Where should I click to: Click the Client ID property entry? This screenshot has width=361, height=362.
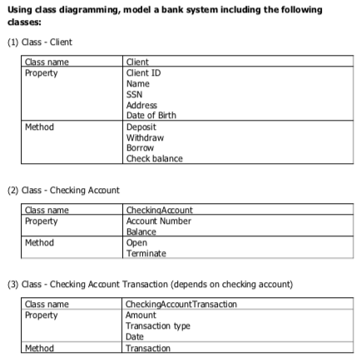point(142,72)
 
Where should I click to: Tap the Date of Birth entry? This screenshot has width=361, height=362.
point(150,116)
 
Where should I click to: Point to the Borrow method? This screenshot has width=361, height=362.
point(139,148)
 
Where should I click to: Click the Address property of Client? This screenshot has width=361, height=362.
point(140,105)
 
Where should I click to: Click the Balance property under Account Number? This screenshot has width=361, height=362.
point(140,232)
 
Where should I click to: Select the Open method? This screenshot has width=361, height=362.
point(135,242)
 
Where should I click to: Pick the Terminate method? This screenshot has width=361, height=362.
point(145,253)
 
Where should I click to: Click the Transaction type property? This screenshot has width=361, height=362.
point(156,326)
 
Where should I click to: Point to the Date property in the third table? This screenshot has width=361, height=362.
point(134,337)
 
